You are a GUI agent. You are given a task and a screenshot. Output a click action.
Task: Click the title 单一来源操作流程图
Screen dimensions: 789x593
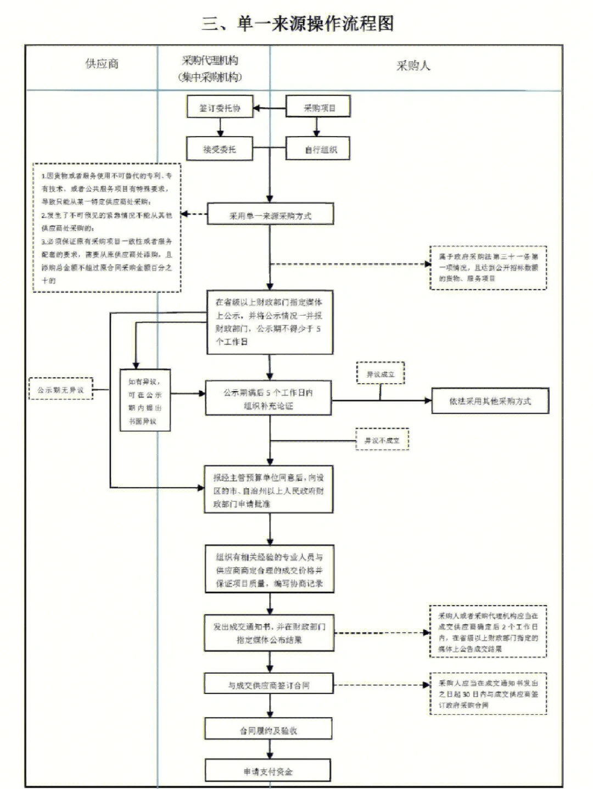[297, 24]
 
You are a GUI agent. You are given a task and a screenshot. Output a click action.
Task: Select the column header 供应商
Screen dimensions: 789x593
[102, 64]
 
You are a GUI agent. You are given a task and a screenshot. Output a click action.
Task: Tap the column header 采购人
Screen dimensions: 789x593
[413, 66]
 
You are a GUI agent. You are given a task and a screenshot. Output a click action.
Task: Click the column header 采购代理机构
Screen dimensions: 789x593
[210, 61]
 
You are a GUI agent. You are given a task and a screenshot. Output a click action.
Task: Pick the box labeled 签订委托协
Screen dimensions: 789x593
[220, 108]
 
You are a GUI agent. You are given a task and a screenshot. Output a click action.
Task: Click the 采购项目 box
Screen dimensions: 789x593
[318, 108]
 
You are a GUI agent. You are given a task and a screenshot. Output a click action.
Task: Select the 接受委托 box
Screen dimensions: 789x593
[220, 149]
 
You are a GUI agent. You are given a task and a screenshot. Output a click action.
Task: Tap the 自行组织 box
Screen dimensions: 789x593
[318, 149]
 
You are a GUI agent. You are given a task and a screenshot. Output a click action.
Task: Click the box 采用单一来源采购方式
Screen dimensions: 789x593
[270, 215]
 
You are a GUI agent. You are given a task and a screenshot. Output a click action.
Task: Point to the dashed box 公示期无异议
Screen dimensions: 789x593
[60, 390]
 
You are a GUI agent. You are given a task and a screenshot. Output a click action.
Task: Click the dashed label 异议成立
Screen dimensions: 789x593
[381, 374]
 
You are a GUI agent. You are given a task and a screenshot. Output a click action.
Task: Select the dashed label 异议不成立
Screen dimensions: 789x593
[382, 440]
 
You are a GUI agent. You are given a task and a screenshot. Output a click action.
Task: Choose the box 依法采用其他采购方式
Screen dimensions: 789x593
[490, 401]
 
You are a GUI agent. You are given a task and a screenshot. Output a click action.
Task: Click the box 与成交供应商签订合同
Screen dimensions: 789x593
[268, 685]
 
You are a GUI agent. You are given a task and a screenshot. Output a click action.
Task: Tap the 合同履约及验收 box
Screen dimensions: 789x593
[268, 730]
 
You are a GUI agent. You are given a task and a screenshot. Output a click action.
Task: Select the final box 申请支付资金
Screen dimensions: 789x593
[268, 771]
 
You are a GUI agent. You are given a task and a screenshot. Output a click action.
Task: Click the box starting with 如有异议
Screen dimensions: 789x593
[145, 401]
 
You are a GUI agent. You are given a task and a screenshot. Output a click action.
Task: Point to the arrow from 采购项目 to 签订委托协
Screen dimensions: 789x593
[269, 108]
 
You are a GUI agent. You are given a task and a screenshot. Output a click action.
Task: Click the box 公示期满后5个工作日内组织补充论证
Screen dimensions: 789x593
[268, 399]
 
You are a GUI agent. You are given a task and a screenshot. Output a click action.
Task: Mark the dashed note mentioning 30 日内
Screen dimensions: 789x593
[488, 694]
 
